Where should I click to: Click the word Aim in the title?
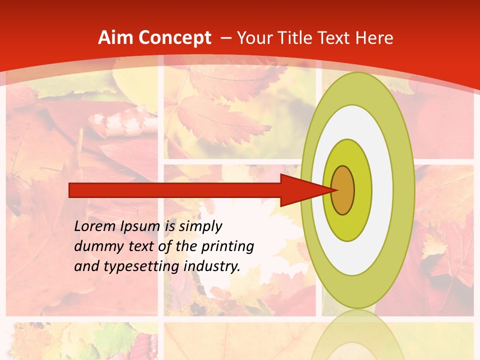click(x=113, y=38)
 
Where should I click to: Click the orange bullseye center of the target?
click(x=343, y=190)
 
